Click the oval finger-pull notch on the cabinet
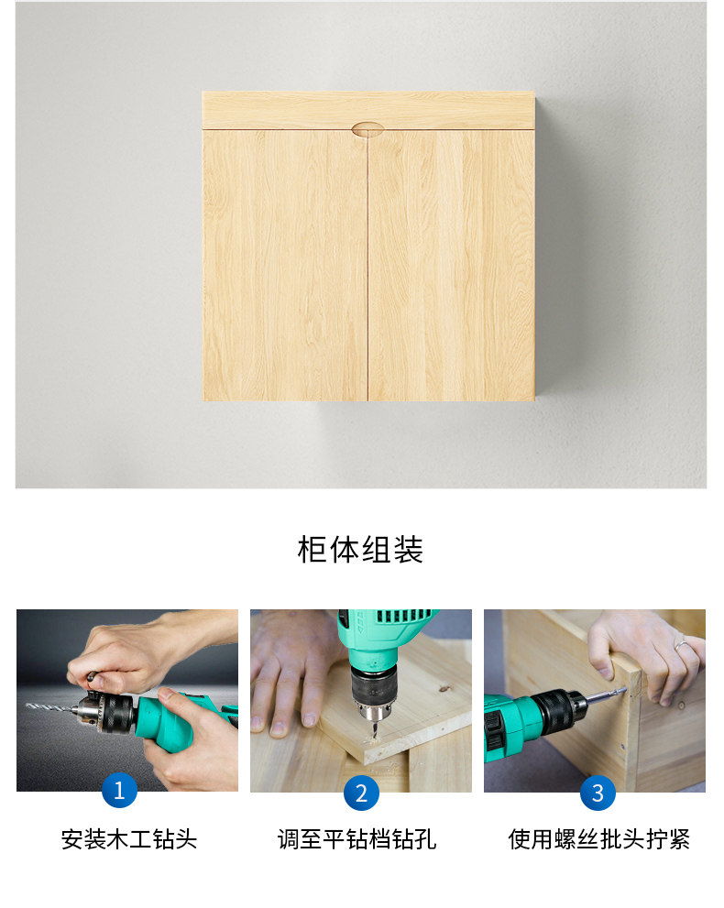pyautogui.click(x=368, y=129)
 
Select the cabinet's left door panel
pyautogui.click(x=285, y=266)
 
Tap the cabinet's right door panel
pyautogui.click(x=452, y=266)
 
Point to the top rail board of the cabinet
pyautogui.click(x=275, y=110)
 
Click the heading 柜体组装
pyautogui.click(x=361, y=550)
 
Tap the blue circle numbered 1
pyautogui.click(x=119, y=790)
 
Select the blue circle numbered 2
pyautogui.click(x=361, y=793)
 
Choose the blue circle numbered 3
pyautogui.click(x=598, y=793)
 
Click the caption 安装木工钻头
pyautogui.click(x=128, y=839)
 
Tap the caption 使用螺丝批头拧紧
pyautogui.click(x=598, y=839)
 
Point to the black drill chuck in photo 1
pyautogui.click(x=106, y=711)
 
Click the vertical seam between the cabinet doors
pyautogui.click(x=367, y=275)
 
